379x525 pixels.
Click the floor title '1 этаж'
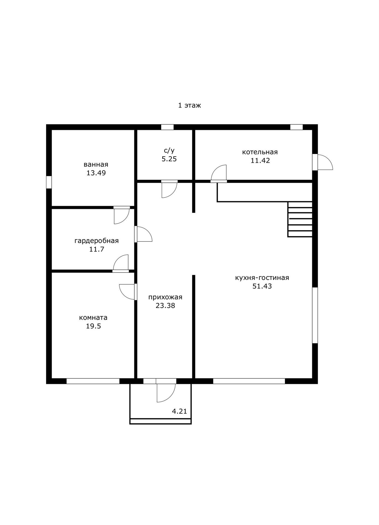coord(189,105)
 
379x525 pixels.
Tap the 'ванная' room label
coord(96,164)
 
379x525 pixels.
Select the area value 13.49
coord(96,173)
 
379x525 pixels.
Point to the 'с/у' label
coord(169,150)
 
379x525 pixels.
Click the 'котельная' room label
coord(260,152)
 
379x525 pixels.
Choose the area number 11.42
coord(260,161)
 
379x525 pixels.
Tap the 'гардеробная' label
coord(96,241)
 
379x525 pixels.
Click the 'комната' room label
coord(93,317)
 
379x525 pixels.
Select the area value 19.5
coord(93,326)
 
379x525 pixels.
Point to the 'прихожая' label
coord(165,297)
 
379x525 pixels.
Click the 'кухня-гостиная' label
coord(262,278)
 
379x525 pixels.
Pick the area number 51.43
coord(262,286)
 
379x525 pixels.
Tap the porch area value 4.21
coord(179,411)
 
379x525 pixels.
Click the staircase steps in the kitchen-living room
coord(300,219)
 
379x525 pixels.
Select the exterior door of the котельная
coord(323,162)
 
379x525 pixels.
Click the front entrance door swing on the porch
coord(166,393)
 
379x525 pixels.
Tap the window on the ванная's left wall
coord(49,182)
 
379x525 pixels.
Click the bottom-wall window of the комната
coord(93,381)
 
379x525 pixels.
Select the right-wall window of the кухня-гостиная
coord(315,315)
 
